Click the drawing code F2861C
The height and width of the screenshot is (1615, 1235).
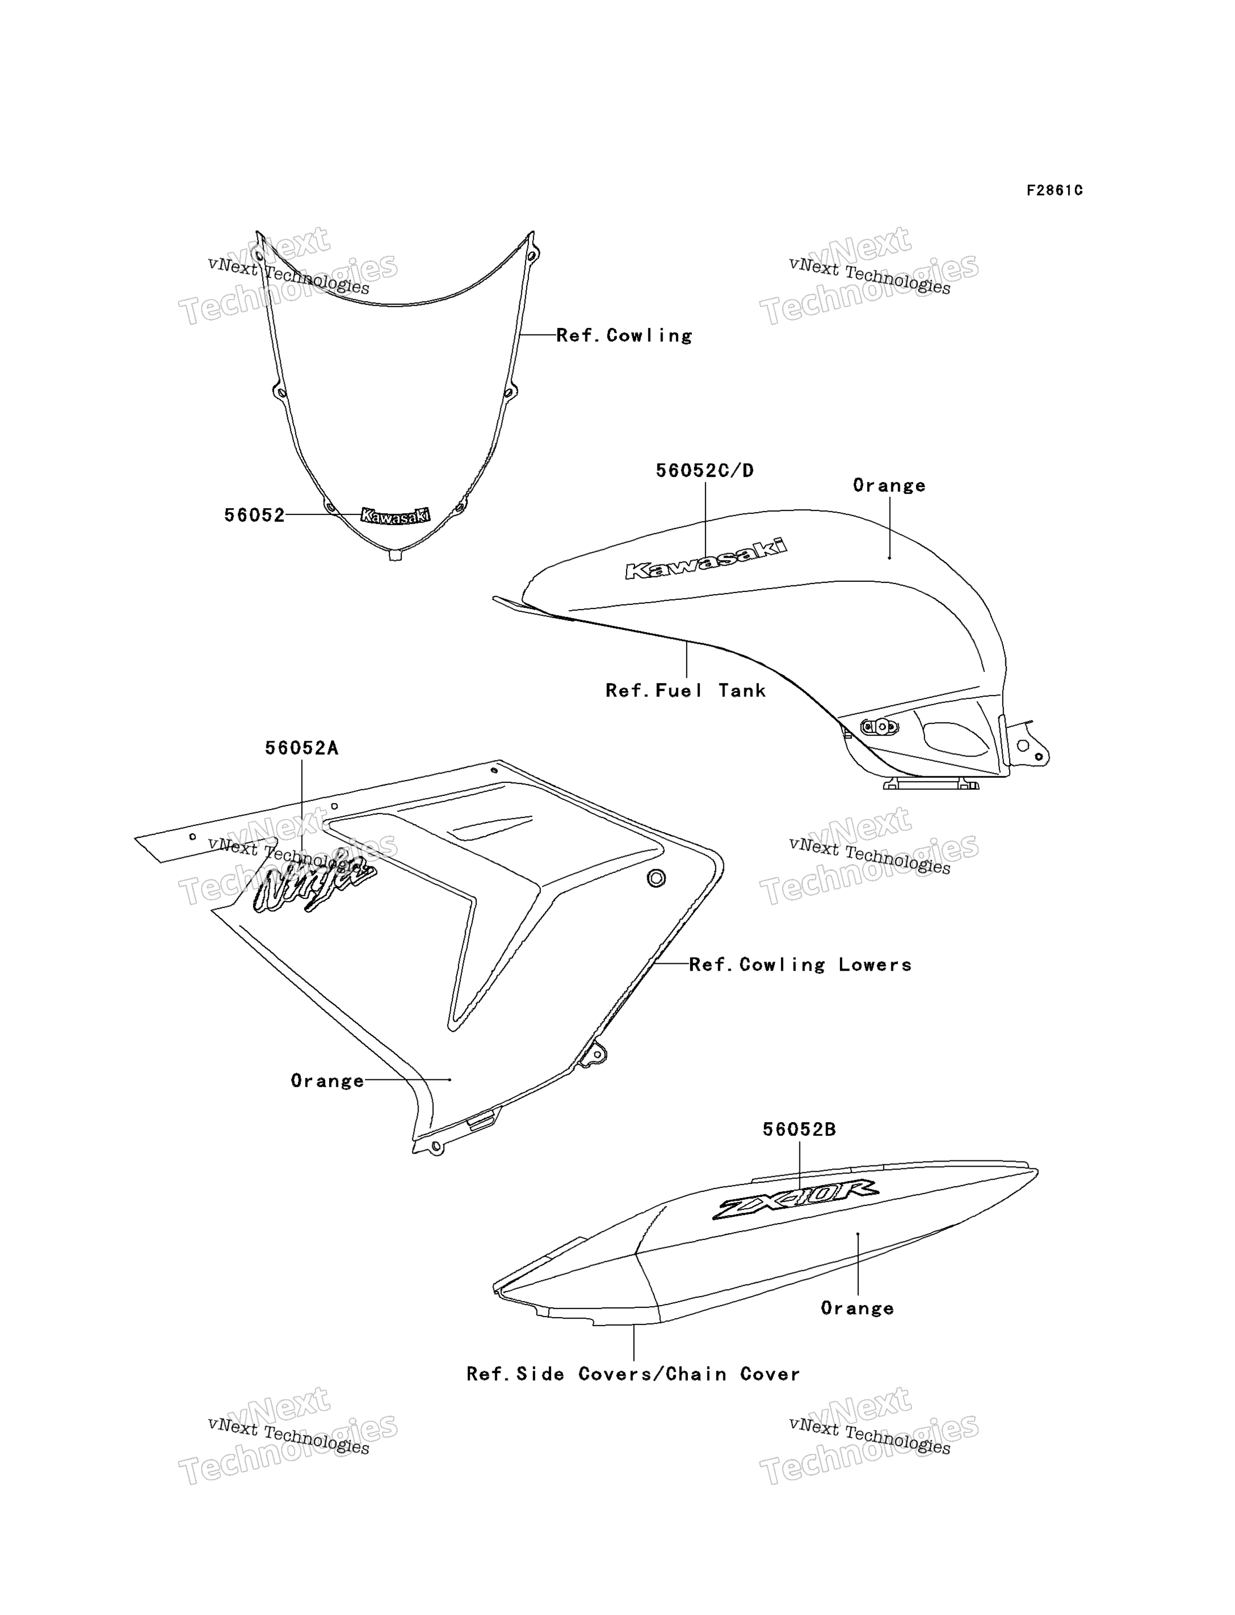tap(1054, 190)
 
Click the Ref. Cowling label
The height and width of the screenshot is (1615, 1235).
tap(624, 335)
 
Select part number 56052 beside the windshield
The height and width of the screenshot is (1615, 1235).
tap(254, 515)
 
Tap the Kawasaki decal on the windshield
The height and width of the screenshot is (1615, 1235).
tap(396, 516)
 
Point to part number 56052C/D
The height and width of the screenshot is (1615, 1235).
tap(704, 470)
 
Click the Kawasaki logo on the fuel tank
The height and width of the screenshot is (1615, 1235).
tap(706, 559)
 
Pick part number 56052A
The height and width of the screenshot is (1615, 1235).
tap(301, 748)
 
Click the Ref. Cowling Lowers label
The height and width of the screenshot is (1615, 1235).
tap(800, 964)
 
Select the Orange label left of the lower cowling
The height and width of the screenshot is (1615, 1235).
tap(327, 1080)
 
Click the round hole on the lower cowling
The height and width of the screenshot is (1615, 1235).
tap(656, 878)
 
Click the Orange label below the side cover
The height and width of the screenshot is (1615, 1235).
tap(857, 1309)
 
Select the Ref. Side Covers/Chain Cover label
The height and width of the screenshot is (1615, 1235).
tap(633, 1374)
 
